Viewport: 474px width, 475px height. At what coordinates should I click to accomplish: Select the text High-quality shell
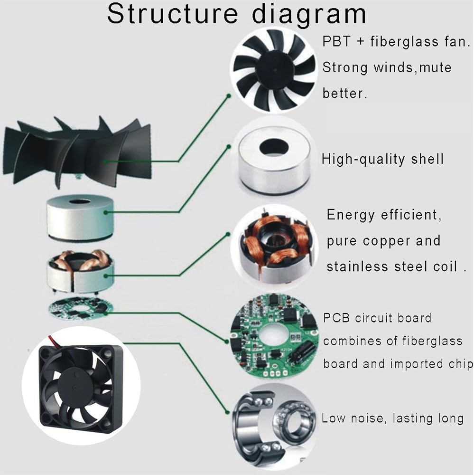382,159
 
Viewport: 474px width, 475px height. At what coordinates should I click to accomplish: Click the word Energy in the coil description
352,215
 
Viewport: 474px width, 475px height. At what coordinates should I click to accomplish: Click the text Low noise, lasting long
392,418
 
